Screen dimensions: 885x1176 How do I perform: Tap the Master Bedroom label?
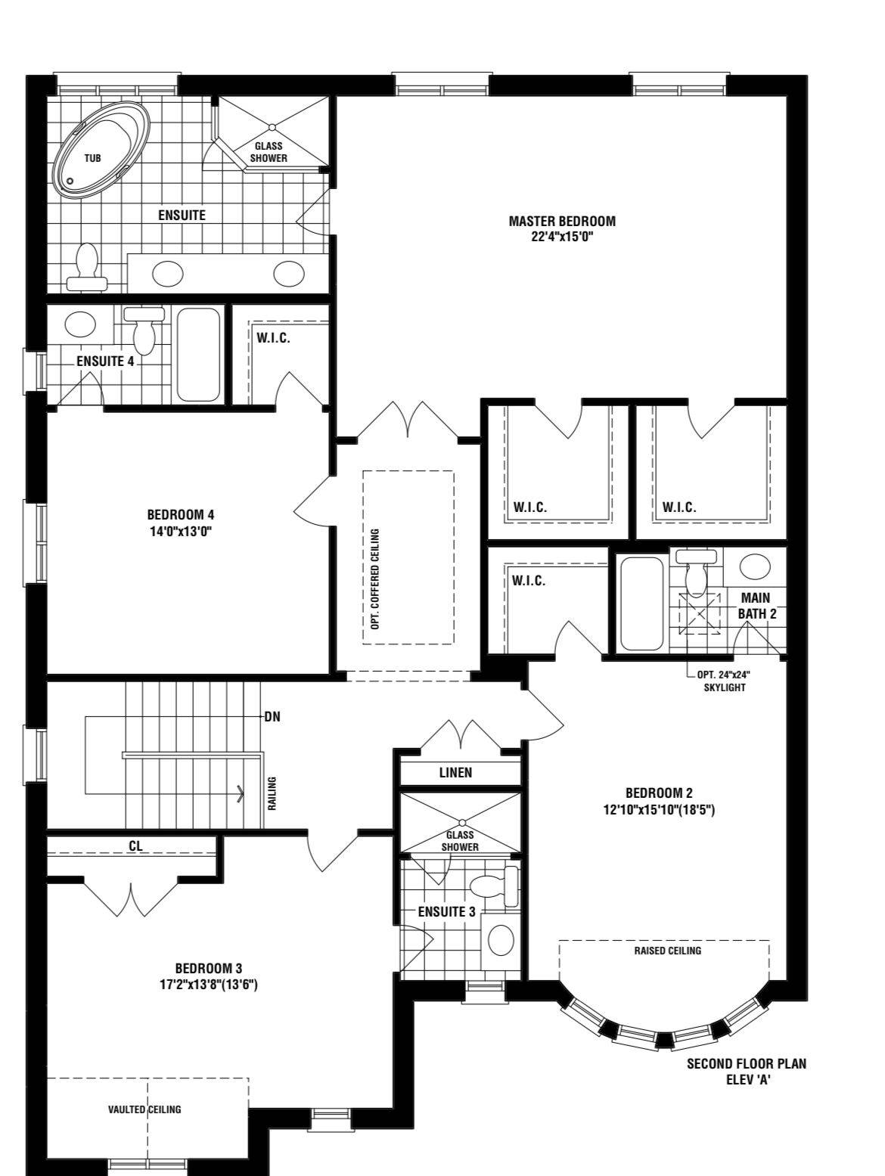coord(562,221)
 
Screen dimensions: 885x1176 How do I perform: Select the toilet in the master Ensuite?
coord(86,267)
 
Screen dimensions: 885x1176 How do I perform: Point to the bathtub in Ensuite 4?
coord(198,354)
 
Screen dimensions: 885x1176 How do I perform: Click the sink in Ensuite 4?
coord(80,324)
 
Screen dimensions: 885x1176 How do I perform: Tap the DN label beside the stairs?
coord(272,716)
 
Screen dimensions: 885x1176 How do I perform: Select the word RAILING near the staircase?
coord(272,793)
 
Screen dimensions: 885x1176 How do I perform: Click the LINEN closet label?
coord(455,772)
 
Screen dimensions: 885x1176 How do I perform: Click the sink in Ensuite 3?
coord(501,939)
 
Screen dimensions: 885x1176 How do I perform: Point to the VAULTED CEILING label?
coord(144,1109)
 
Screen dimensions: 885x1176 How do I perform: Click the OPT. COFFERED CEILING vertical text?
coord(375,579)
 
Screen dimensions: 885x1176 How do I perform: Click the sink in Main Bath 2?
coord(756,566)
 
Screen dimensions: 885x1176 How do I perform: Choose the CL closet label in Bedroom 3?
coord(135,846)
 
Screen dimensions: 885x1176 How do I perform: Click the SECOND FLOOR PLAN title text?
coord(747,1063)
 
